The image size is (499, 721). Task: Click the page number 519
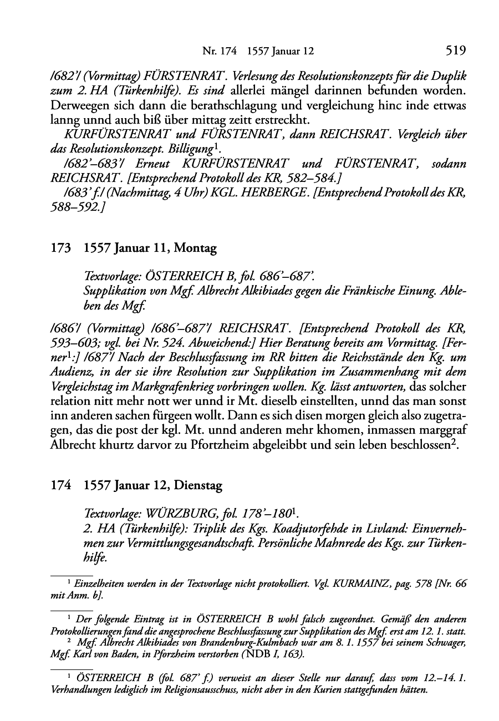455,51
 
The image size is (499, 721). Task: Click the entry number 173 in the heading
60,249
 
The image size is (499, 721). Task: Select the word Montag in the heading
195,249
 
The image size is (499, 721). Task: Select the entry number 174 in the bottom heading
60,486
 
